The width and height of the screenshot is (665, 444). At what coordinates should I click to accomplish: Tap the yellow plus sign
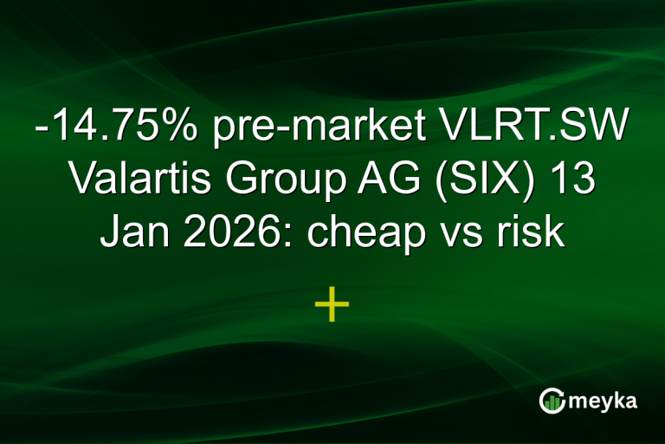(x=332, y=305)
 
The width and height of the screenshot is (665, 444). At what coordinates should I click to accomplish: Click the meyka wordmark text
(x=603, y=401)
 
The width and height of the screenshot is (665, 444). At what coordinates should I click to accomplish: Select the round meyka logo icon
(x=552, y=401)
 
